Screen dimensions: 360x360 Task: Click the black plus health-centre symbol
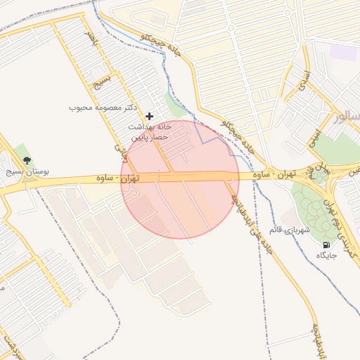pyautogui.click(x=149, y=115)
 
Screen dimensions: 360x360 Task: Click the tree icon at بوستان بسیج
pyautogui.click(x=27, y=159)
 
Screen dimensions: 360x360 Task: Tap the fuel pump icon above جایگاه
pyautogui.click(x=326, y=245)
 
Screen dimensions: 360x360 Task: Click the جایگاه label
pyautogui.click(x=328, y=255)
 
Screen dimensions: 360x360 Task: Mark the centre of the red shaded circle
pyautogui.click(x=180, y=179)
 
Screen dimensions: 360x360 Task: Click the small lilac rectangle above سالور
pyautogui.click(x=343, y=51)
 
